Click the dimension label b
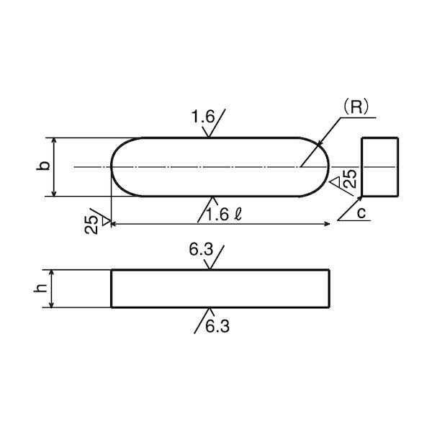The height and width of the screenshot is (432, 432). [x=43, y=166]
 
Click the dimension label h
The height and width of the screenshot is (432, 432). [x=40, y=288]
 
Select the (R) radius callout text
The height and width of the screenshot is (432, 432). [x=356, y=107]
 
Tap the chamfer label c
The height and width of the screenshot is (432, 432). [x=361, y=212]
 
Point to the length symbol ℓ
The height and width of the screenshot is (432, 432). [x=238, y=215]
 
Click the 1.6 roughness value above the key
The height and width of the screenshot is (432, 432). [x=203, y=117]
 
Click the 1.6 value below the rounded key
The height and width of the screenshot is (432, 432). [x=217, y=215]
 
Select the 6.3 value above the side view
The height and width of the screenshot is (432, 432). [x=201, y=249]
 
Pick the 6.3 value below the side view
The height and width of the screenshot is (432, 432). [x=217, y=326]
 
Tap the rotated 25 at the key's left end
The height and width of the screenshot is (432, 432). [x=91, y=224]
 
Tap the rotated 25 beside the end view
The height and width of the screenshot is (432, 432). [x=350, y=179]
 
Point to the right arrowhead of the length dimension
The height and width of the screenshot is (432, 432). [x=327, y=224]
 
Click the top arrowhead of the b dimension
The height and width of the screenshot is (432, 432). [x=54, y=141]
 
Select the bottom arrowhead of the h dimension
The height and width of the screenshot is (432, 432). [x=51, y=304]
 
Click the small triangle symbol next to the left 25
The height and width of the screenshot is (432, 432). [x=106, y=221]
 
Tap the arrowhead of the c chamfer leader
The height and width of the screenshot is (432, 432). [x=359, y=199]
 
